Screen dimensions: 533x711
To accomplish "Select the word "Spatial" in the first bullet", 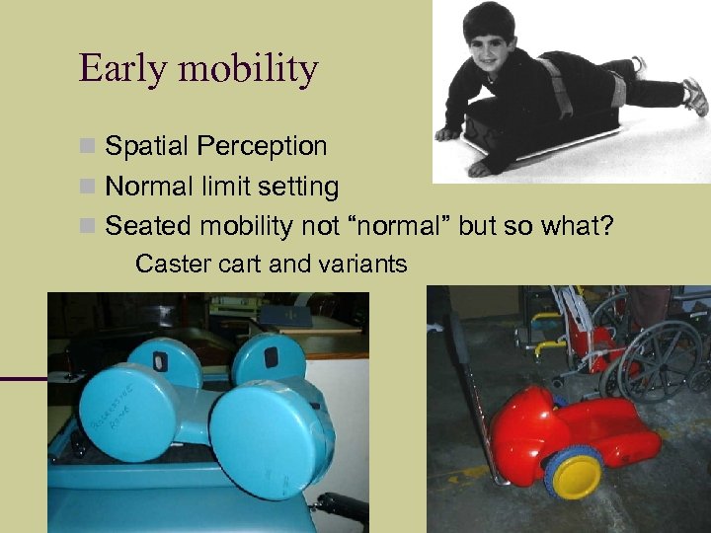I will [146, 147].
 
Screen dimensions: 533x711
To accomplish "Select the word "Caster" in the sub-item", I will [170, 264].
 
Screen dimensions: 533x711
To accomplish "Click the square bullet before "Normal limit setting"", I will [89, 187].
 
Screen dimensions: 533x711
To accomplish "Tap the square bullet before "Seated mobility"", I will [89, 226].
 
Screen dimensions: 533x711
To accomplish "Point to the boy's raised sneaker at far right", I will [695, 97].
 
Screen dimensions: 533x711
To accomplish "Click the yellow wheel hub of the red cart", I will [576, 478].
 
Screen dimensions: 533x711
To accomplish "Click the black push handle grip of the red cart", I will [459, 341].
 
